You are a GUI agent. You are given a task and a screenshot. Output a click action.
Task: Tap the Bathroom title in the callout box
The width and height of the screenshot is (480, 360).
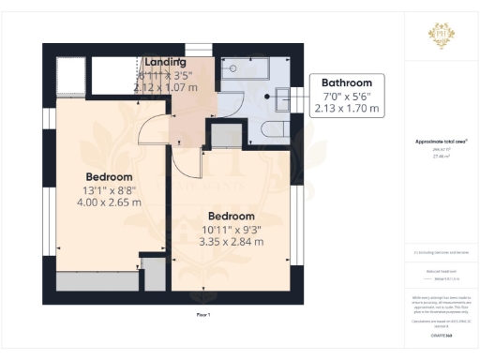click(x=347, y=82)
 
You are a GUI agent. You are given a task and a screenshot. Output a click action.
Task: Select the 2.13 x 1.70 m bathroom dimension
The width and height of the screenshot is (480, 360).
click(x=347, y=109)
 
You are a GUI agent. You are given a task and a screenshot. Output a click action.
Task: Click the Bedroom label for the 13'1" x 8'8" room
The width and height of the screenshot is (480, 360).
click(x=109, y=176)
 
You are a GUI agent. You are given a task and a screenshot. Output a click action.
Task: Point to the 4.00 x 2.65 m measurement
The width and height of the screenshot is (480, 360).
click(x=109, y=202)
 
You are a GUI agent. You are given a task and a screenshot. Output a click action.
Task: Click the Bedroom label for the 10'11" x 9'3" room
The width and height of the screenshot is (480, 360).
click(x=231, y=216)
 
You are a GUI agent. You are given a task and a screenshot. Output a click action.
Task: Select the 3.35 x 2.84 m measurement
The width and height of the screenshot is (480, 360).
click(x=231, y=241)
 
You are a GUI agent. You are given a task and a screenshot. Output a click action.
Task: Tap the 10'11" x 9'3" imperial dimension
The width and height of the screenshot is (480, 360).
click(x=231, y=229)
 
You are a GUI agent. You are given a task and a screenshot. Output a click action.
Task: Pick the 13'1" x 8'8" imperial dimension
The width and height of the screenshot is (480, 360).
click(x=109, y=189)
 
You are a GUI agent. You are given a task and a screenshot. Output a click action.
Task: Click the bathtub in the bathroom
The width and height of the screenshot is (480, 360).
click(x=246, y=68)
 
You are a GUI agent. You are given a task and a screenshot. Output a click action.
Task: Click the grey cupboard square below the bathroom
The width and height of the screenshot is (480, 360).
click(x=225, y=137)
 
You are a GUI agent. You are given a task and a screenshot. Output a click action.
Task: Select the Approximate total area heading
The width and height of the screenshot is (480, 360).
click(x=441, y=142)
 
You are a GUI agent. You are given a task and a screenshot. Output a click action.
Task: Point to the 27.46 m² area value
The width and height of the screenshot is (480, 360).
click(x=441, y=157)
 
